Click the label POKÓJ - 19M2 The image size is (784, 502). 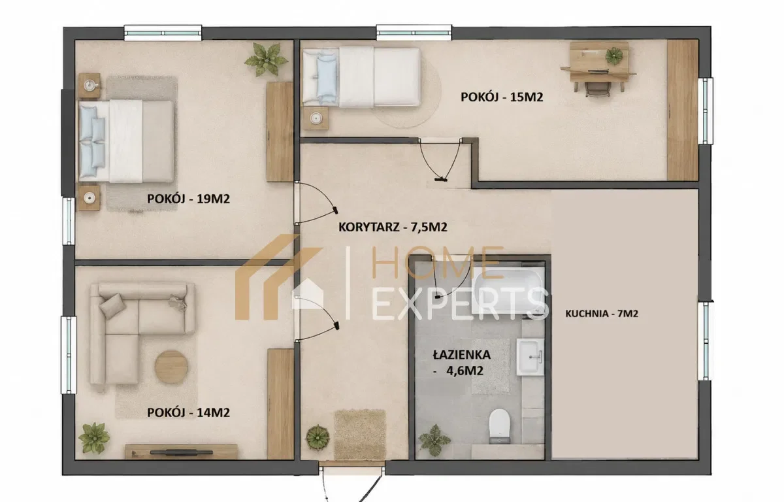[x=188, y=199]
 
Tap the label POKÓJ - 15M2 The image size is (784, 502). [x=502, y=97]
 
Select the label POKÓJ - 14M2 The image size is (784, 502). [x=188, y=412]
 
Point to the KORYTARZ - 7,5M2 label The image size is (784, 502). [x=393, y=227]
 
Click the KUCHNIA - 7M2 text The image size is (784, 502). [x=602, y=313]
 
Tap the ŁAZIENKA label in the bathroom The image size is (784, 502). [x=462, y=355]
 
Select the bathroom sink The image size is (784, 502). [x=531, y=357]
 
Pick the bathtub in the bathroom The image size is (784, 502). [x=508, y=291]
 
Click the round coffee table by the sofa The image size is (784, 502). [x=171, y=367]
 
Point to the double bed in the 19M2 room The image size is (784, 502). [x=126, y=141]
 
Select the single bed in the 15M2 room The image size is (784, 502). [x=361, y=76]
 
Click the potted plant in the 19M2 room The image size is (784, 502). [x=266, y=59]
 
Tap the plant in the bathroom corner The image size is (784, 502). [x=434, y=440]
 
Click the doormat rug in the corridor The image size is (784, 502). [x=360, y=435]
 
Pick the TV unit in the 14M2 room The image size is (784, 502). [x=182, y=451]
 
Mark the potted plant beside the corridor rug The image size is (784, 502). [x=318, y=437]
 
